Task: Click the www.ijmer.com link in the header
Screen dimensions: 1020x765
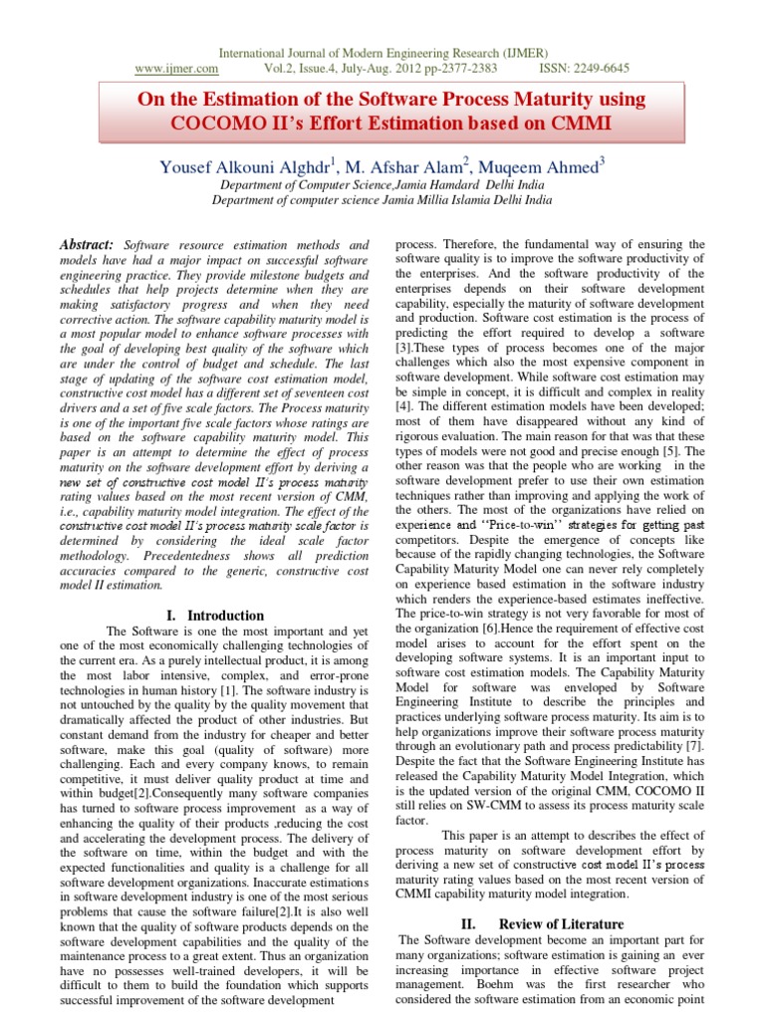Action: tap(176, 68)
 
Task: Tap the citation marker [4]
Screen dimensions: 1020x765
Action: tap(404, 406)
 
